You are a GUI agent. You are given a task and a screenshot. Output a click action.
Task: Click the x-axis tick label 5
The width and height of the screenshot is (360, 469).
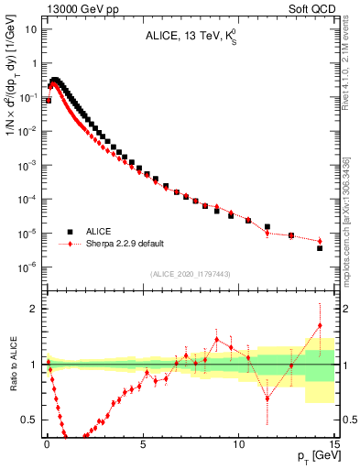(143, 442)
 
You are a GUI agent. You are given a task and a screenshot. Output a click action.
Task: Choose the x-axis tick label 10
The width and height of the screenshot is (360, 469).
(239, 442)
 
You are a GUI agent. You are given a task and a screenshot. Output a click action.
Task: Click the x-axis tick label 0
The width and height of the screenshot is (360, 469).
(47, 442)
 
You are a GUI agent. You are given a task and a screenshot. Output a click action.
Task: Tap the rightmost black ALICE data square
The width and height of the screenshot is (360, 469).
(320, 248)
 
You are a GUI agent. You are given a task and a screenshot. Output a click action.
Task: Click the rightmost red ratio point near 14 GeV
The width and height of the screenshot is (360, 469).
(320, 325)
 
